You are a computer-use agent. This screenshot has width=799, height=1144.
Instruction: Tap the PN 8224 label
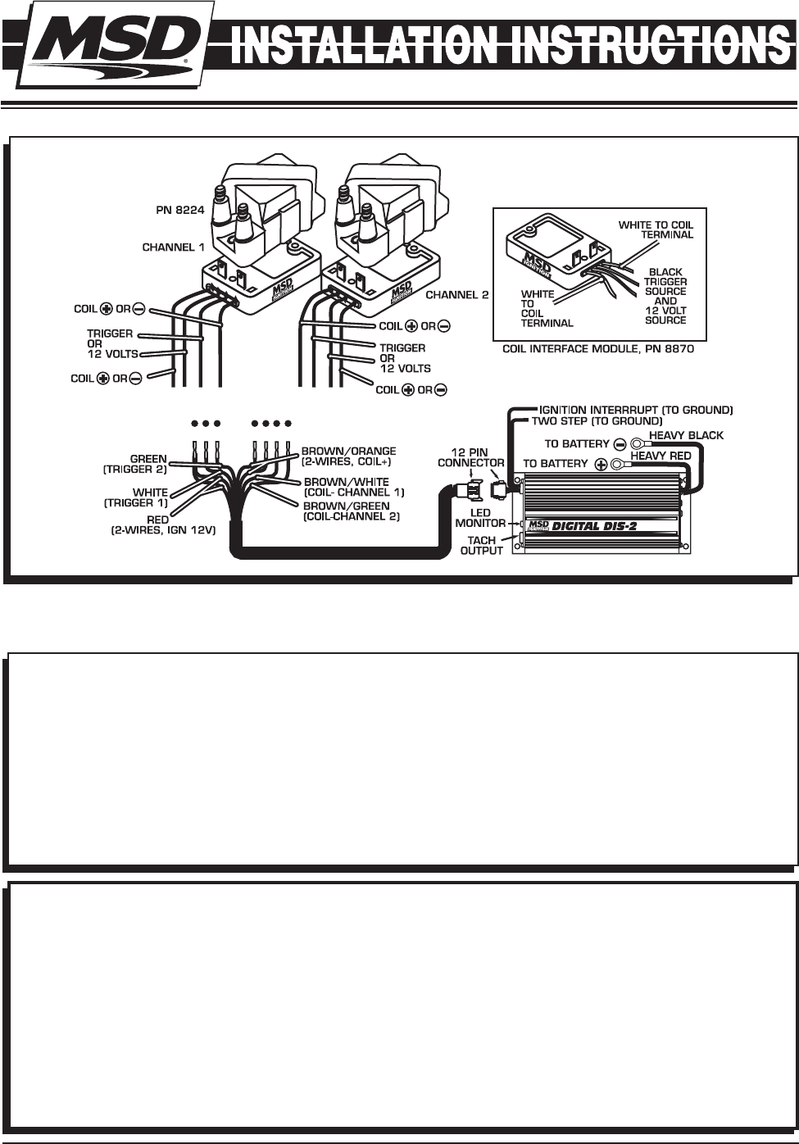[179, 210]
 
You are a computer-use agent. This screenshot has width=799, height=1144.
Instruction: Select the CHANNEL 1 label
[173, 247]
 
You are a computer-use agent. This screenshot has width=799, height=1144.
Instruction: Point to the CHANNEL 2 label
[457, 295]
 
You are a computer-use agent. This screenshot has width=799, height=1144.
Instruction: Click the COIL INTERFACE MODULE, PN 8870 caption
[598, 350]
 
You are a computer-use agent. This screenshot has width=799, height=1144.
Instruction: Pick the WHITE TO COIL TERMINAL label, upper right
[656, 229]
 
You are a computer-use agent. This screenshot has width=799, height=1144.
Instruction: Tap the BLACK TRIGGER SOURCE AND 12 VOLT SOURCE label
[665, 296]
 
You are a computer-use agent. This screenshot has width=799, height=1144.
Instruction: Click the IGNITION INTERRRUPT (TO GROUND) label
[636, 410]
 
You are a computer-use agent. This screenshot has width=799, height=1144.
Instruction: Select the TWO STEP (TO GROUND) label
[597, 421]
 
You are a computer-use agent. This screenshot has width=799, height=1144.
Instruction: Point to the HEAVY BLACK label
[686, 435]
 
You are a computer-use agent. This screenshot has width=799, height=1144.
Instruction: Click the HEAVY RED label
[661, 455]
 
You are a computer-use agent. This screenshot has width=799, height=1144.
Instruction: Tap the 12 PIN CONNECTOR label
[471, 457]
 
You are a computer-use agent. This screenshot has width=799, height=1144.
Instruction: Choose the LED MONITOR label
[480, 518]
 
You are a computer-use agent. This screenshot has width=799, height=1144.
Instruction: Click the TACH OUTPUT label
[482, 546]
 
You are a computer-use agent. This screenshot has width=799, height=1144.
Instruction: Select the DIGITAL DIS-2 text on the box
[595, 526]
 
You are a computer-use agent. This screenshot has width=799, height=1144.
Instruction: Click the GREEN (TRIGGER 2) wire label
[135, 465]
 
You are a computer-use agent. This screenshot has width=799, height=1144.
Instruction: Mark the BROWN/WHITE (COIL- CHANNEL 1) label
[354, 488]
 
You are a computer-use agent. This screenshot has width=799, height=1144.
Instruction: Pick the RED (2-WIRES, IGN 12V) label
[163, 525]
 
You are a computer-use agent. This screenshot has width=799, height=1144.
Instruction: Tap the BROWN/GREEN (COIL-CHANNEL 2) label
[352, 511]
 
